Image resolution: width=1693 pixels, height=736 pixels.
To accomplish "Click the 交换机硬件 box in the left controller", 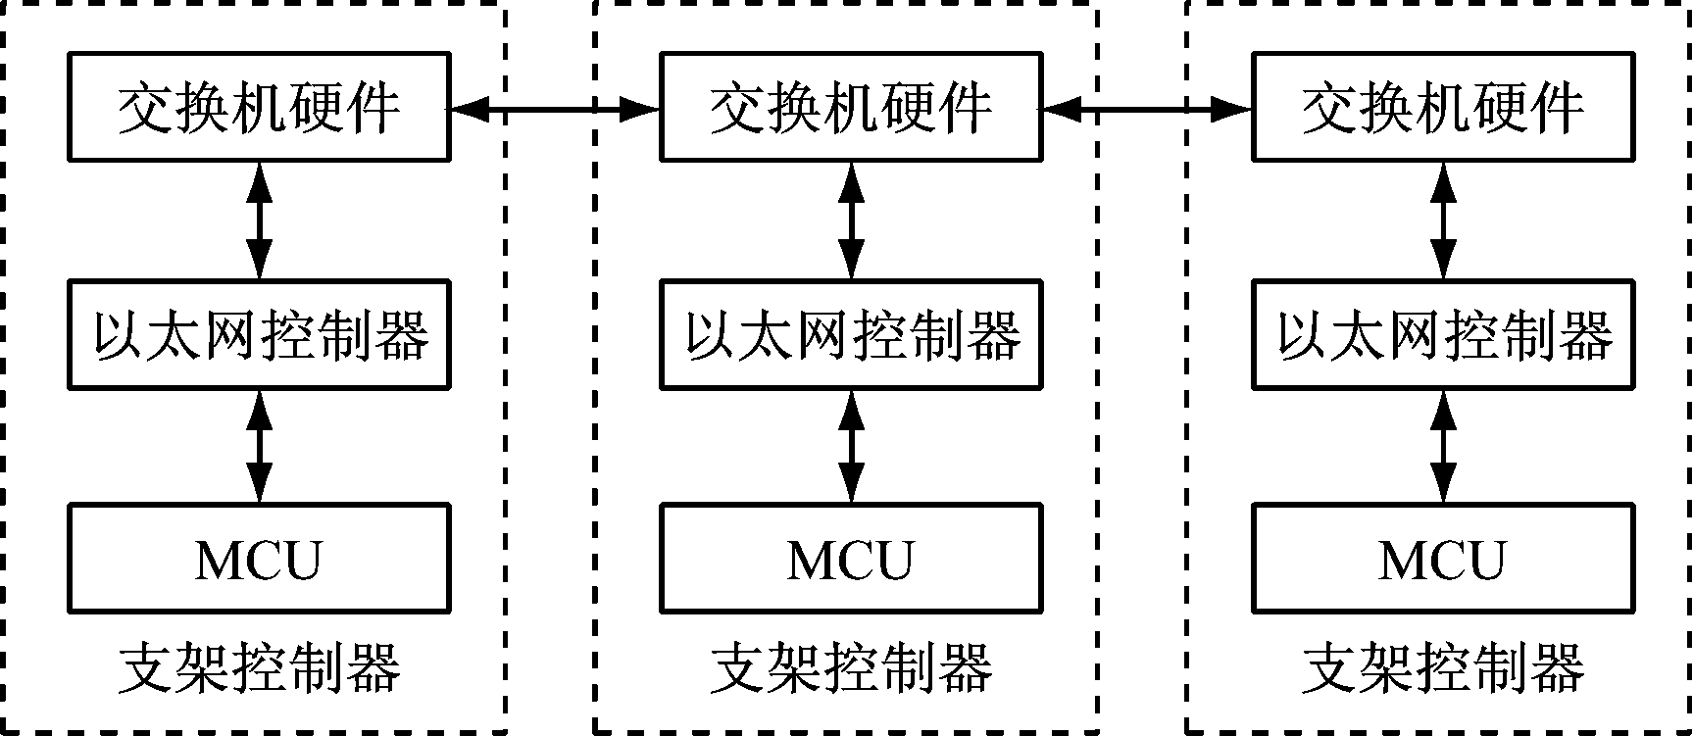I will (x=259, y=108).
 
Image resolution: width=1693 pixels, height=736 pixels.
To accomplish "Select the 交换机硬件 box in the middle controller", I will (x=851, y=108).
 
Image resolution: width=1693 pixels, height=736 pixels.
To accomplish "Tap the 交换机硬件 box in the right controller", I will (x=1443, y=108).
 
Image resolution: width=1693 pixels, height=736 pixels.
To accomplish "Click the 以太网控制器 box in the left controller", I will (x=259, y=335).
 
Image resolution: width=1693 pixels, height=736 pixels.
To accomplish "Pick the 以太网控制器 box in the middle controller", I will (x=851, y=335).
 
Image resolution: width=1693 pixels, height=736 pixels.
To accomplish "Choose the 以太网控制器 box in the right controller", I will (x=1443, y=335).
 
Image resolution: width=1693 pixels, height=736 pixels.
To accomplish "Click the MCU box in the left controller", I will (x=259, y=559).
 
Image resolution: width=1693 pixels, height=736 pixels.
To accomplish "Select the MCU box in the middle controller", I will (x=851, y=559).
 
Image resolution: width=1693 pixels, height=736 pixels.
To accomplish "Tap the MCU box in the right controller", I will (x=1443, y=559).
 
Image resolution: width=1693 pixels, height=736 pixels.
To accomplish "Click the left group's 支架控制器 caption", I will (x=259, y=669).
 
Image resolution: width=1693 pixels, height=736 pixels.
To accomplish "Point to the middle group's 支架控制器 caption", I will (x=851, y=669).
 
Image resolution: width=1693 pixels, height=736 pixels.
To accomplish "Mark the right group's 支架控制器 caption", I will (x=1443, y=669).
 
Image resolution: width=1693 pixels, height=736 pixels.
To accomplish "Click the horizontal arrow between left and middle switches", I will (x=555, y=111).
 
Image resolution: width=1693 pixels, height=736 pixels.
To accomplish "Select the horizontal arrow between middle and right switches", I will (x=1147, y=111).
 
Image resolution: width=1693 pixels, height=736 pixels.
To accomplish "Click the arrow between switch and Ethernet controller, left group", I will (x=259, y=221).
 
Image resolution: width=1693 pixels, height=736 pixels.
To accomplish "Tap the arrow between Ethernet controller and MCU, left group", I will (x=259, y=447).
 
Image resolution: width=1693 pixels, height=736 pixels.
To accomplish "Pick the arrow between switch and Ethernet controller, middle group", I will (x=851, y=221).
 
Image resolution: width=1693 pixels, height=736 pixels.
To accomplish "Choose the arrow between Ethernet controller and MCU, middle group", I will (x=851, y=447).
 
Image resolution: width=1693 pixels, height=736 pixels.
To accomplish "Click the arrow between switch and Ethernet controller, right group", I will (x=1443, y=221).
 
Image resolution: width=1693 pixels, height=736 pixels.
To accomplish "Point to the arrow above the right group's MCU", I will (x=1443, y=447).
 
